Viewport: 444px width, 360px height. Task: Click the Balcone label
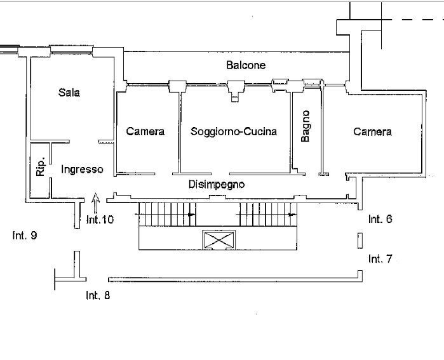(246, 65)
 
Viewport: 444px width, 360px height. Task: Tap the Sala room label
(69, 93)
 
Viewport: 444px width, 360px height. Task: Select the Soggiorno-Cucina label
(234, 132)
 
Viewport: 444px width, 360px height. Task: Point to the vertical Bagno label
(306, 126)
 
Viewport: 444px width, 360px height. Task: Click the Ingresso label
(82, 170)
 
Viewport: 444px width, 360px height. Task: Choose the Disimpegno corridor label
(217, 185)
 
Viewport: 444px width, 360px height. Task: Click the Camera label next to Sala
(145, 132)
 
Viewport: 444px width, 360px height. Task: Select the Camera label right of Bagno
(372, 132)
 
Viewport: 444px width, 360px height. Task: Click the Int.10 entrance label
(100, 220)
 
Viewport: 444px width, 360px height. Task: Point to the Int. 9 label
(24, 236)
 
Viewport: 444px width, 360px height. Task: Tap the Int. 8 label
(98, 295)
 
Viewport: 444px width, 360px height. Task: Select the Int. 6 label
(380, 219)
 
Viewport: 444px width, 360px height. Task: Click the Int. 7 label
(380, 259)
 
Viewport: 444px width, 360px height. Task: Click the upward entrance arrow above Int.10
(96, 201)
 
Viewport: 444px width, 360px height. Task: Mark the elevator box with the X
(219, 240)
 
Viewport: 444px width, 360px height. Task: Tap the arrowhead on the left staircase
(191, 215)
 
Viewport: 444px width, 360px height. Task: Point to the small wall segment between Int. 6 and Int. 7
(360, 241)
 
